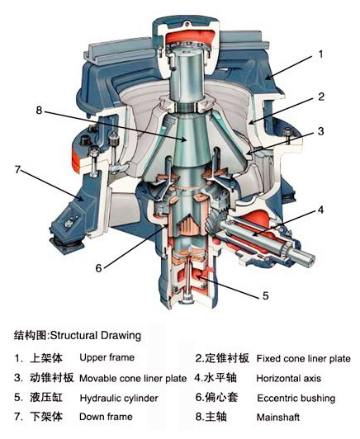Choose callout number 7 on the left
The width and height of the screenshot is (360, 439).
point(16,169)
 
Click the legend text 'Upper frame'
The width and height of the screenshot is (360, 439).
point(106,358)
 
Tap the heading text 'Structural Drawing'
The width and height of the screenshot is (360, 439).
point(95,336)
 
